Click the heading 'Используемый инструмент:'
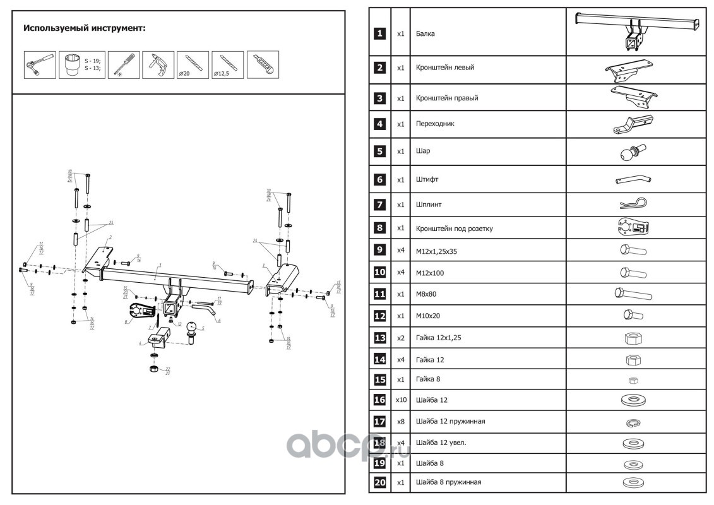point(84,29)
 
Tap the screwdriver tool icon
point(122,64)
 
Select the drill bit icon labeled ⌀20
point(193,64)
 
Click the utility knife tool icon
point(263,64)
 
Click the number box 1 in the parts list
point(379,33)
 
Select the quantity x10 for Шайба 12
point(400,400)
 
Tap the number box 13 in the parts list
point(379,338)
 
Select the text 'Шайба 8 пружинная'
point(448,482)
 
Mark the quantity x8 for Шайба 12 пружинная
point(400,421)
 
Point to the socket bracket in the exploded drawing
point(140,311)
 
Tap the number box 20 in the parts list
point(379,482)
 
